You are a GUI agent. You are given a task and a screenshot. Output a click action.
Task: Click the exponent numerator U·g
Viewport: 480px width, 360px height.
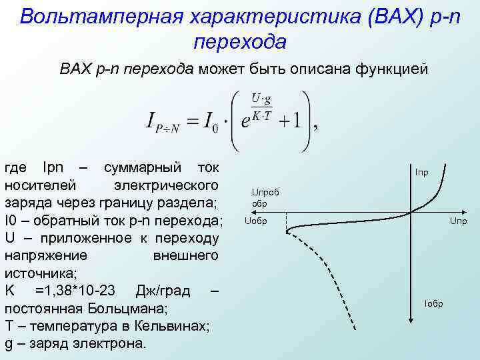(x=262, y=99)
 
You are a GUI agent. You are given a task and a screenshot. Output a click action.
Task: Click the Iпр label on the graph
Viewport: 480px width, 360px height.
(x=421, y=173)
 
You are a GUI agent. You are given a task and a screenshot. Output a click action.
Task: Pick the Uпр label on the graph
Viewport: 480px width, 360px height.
(x=458, y=221)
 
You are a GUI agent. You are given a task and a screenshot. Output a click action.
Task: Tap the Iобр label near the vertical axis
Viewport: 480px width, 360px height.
(x=433, y=304)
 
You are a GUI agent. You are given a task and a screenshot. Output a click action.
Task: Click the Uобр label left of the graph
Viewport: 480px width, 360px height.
(x=256, y=221)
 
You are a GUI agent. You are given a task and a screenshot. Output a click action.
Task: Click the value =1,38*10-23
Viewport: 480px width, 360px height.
(x=77, y=291)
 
